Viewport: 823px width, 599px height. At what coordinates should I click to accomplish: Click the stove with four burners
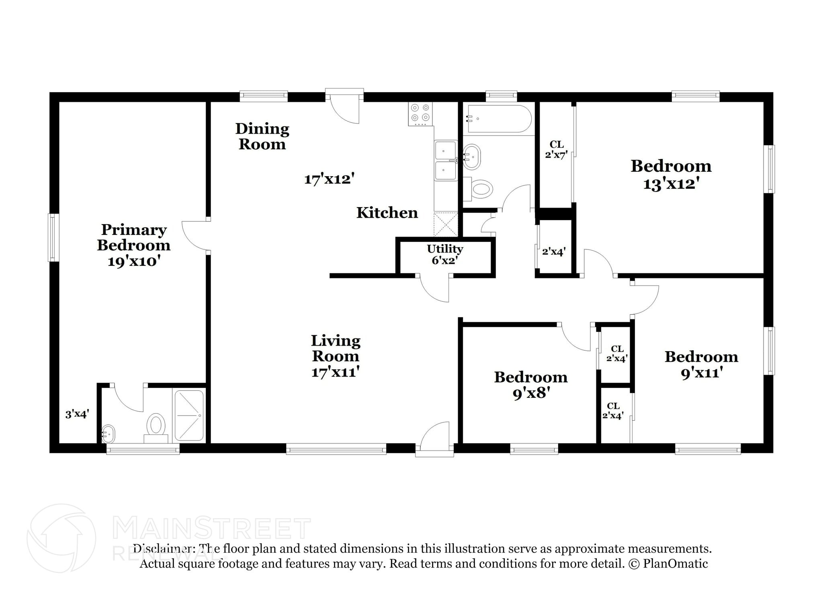coord(420,114)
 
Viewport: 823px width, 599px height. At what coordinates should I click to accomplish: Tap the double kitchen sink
coord(445,160)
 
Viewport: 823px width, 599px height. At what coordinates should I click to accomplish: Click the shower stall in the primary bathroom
coord(189,415)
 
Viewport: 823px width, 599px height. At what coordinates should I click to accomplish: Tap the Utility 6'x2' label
coord(445,254)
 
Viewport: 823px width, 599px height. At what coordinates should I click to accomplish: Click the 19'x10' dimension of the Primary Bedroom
coord(134,261)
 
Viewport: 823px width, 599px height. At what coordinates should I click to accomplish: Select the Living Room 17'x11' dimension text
coord(335,372)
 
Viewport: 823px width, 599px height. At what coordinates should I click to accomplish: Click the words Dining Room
coord(262,136)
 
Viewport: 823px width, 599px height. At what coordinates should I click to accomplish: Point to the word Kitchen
coord(387,213)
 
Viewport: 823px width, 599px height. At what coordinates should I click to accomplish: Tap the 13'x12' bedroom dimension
coord(672,184)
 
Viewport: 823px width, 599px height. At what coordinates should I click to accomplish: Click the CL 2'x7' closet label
coord(556,149)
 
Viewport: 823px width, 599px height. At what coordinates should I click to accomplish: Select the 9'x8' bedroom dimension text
coord(531,393)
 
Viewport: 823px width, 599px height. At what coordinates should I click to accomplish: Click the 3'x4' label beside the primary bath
coord(77,414)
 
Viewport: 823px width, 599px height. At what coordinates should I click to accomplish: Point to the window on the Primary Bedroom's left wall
coord(53,237)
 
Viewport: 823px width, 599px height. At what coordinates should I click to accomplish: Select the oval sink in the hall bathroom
coord(472,156)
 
